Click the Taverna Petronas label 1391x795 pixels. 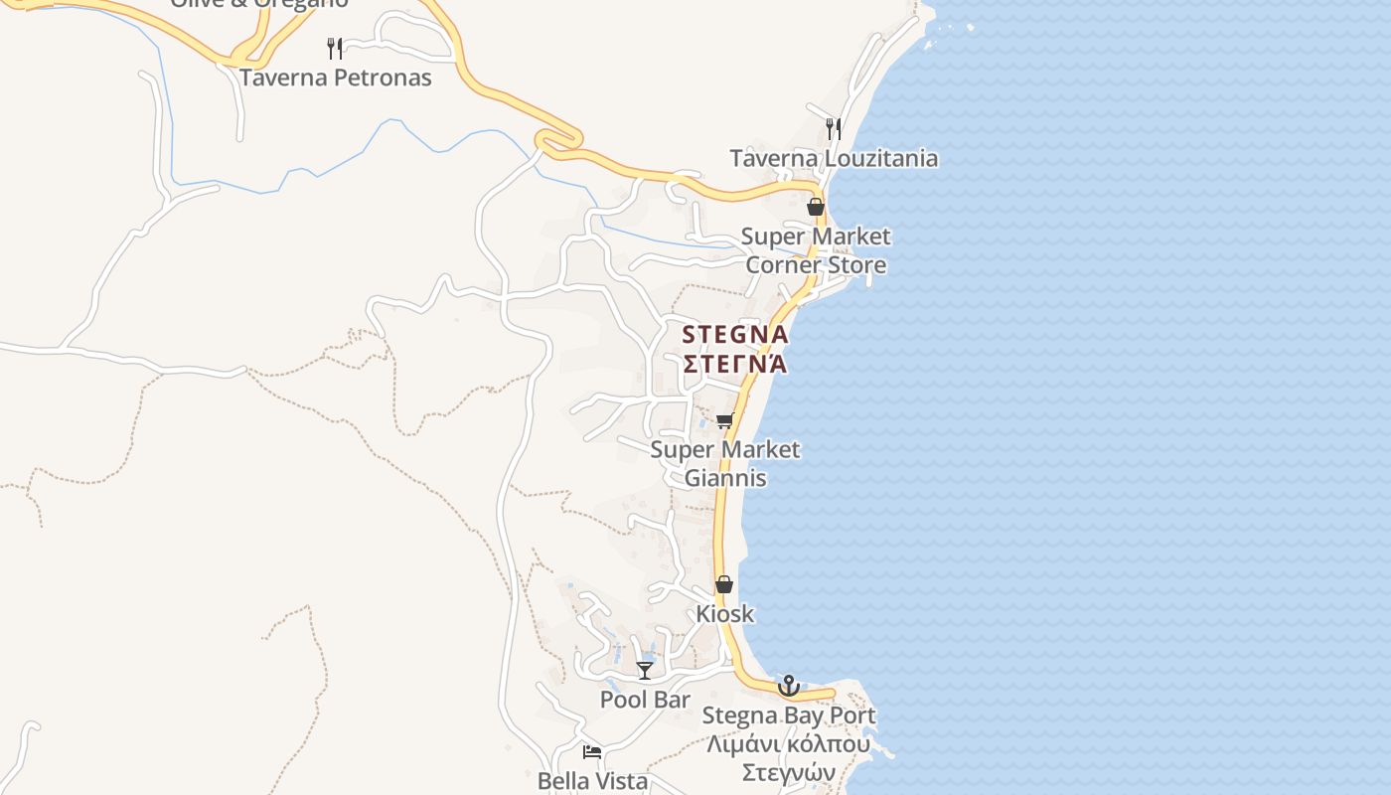pos(335,78)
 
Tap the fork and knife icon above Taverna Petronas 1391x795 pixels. pos(335,48)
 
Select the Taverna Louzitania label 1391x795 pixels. pos(834,158)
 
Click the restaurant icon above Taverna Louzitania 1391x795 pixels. pos(834,128)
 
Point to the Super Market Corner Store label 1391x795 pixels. pos(816,250)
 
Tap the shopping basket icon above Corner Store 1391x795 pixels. pos(816,207)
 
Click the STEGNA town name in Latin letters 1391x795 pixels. pos(735,335)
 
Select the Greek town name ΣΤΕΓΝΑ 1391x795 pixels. pos(735,364)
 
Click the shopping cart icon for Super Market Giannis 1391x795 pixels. pos(725,420)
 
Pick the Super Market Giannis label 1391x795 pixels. pos(725,463)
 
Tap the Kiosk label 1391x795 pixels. pos(724,614)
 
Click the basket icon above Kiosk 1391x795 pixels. pos(724,584)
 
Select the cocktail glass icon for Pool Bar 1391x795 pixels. pos(645,671)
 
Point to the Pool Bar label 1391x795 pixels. pos(645,700)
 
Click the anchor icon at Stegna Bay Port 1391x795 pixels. pos(789,686)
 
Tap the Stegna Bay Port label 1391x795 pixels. pos(789,715)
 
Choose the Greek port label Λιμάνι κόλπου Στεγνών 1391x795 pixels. pos(789,758)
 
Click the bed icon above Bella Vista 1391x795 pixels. pos(592,752)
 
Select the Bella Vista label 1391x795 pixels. pos(592,781)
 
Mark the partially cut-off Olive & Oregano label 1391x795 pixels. pos(259,4)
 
